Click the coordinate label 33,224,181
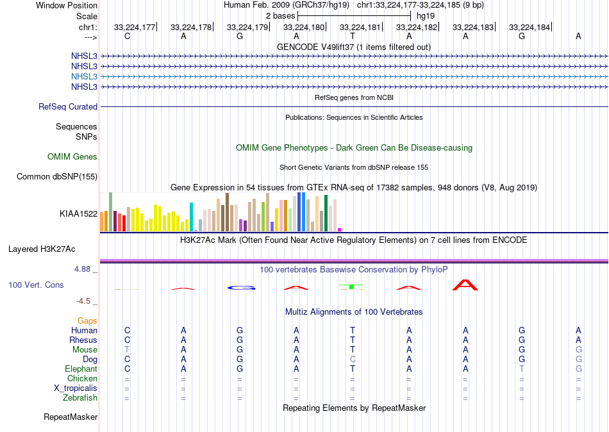(x=360, y=28)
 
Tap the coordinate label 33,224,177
(x=135, y=28)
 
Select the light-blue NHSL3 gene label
(x=84, y=76)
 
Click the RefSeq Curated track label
(x=68, y=107)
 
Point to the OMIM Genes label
(x=72, y=157)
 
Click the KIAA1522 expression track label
(x=78, y=214)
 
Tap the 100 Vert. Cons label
(x=36, y=285)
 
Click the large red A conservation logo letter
(x=465, y=285)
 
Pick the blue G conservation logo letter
(x=240, y=287)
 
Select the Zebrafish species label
(x=81, y=398)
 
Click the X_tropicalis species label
(x=76, y=388)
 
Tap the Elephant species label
(x=81, y=369)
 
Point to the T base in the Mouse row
(x=127, y=350)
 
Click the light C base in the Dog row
(x=353, y=360)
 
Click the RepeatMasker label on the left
(x=71, y=417)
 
